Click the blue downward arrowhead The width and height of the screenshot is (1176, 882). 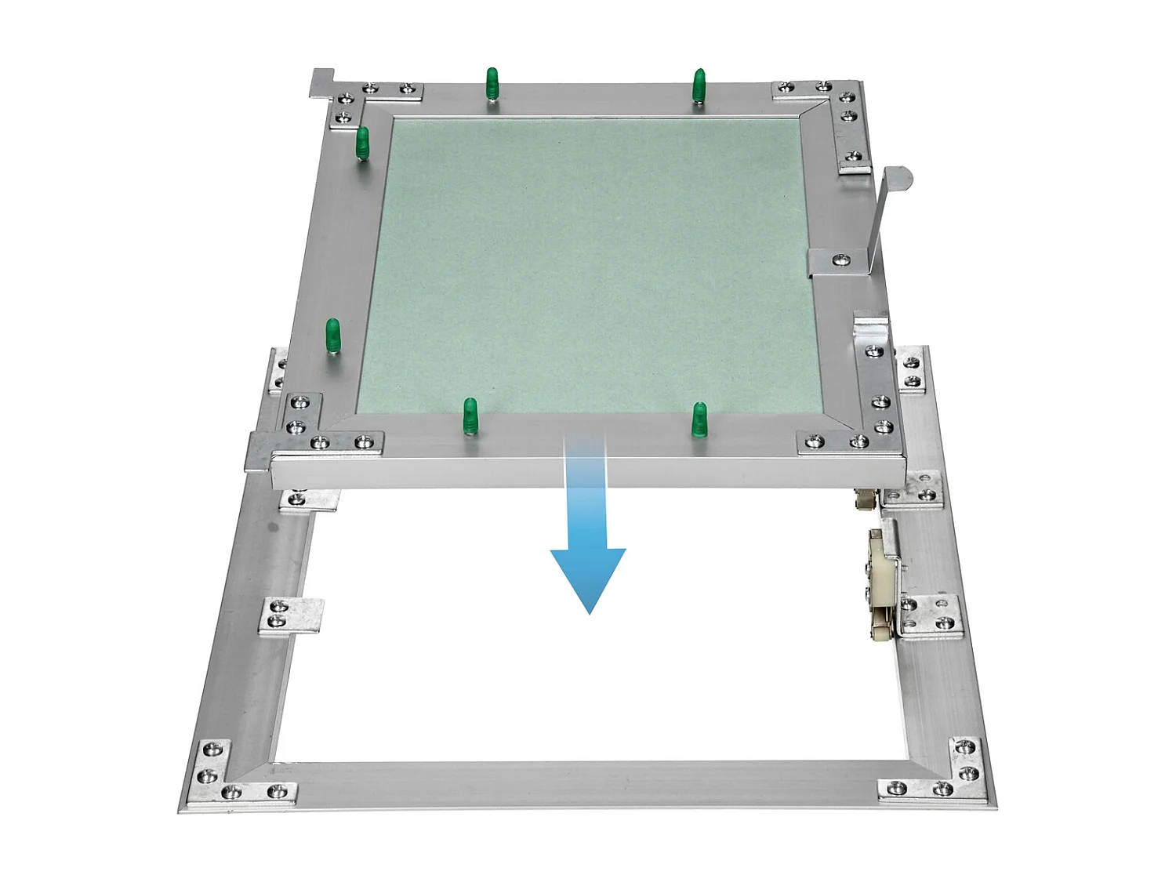click(x=588, y=576)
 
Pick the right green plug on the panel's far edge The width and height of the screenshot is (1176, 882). click(x=698, y=85)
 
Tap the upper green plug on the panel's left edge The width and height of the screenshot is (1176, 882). click(x=362, y=143)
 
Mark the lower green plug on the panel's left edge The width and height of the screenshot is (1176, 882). click(x=332, y=335)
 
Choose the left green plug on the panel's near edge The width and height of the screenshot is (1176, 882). click(x=470, y=416)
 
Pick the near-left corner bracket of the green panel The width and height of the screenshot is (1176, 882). click(x=314, y=427)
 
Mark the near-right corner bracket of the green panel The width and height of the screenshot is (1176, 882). click(x=862, y=427)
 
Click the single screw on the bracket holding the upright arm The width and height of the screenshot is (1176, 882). click(x=841, y=258)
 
